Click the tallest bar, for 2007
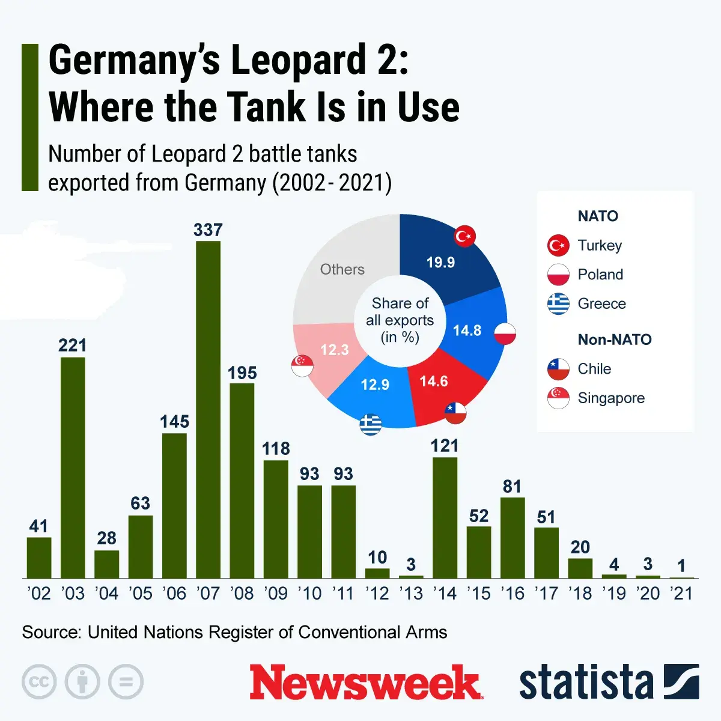tap(208, 409)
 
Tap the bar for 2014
tap(445, 517)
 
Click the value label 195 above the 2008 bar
tap(242, 373)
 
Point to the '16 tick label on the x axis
tap(512, 594)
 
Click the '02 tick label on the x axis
tap(39, 594)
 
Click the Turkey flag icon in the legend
tap(558, 245)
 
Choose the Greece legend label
tap(601, 304)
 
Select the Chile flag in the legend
tap(558, 369)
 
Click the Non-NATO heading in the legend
tap(614, 339)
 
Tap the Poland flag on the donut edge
tap(505, 333)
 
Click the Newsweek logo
tap(365, 683)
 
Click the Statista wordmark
tap(586, 683)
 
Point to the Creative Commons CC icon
tap(39, 682)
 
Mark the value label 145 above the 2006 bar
tap(174, 422)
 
